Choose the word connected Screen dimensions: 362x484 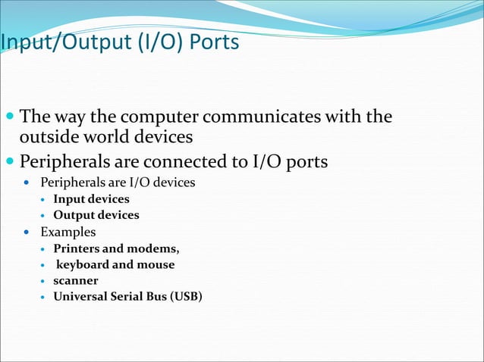click(x=190, y=161)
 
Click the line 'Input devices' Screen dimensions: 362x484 click(x=91, y=199)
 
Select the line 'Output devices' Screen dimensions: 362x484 click(x=96, y=215)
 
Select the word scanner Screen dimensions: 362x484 click(x=75, y=280)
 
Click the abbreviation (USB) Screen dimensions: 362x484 click(x=186, y=296)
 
